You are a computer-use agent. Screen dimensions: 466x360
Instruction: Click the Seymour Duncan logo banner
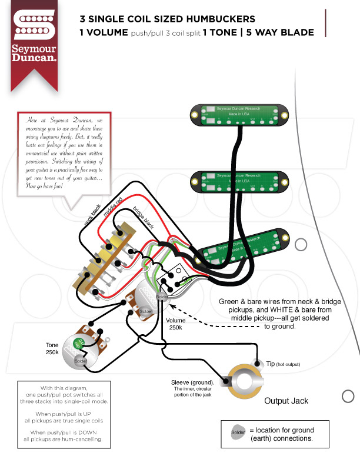pos(34,44)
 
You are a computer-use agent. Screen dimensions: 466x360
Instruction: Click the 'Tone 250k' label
pos(52,348)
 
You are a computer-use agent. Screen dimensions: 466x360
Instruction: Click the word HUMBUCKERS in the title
pos(218,19)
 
